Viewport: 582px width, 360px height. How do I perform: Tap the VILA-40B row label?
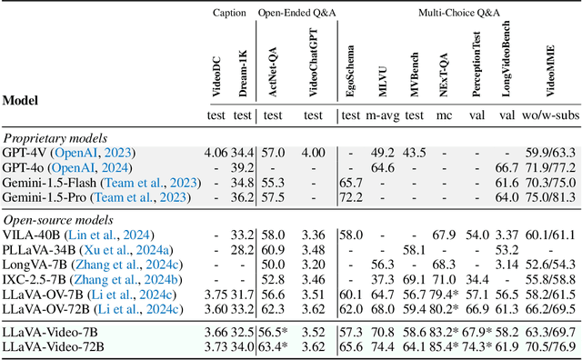click(x=27, y=235)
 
